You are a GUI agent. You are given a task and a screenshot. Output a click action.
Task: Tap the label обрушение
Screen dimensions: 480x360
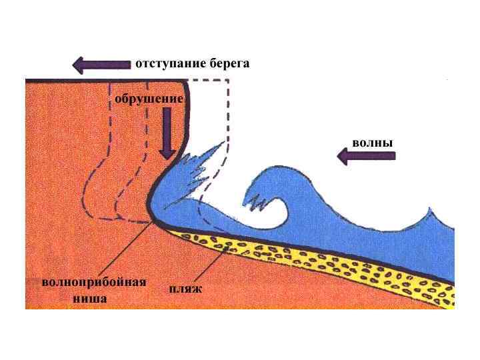click(x=149, y=99)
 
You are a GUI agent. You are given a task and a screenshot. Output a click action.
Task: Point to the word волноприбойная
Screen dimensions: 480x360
click(x=93, y=282)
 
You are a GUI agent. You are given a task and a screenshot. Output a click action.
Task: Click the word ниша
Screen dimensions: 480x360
click(x=90, y=299)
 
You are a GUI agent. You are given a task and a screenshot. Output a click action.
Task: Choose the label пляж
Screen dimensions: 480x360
click(x=185, y=289)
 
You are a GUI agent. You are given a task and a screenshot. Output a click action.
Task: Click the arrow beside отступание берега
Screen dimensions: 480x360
click(x=101, y=65)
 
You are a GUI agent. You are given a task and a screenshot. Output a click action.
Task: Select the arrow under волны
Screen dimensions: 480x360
click(x=366, y=157)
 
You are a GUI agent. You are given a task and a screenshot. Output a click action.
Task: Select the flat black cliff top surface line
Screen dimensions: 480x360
click(x=100, y=80)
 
